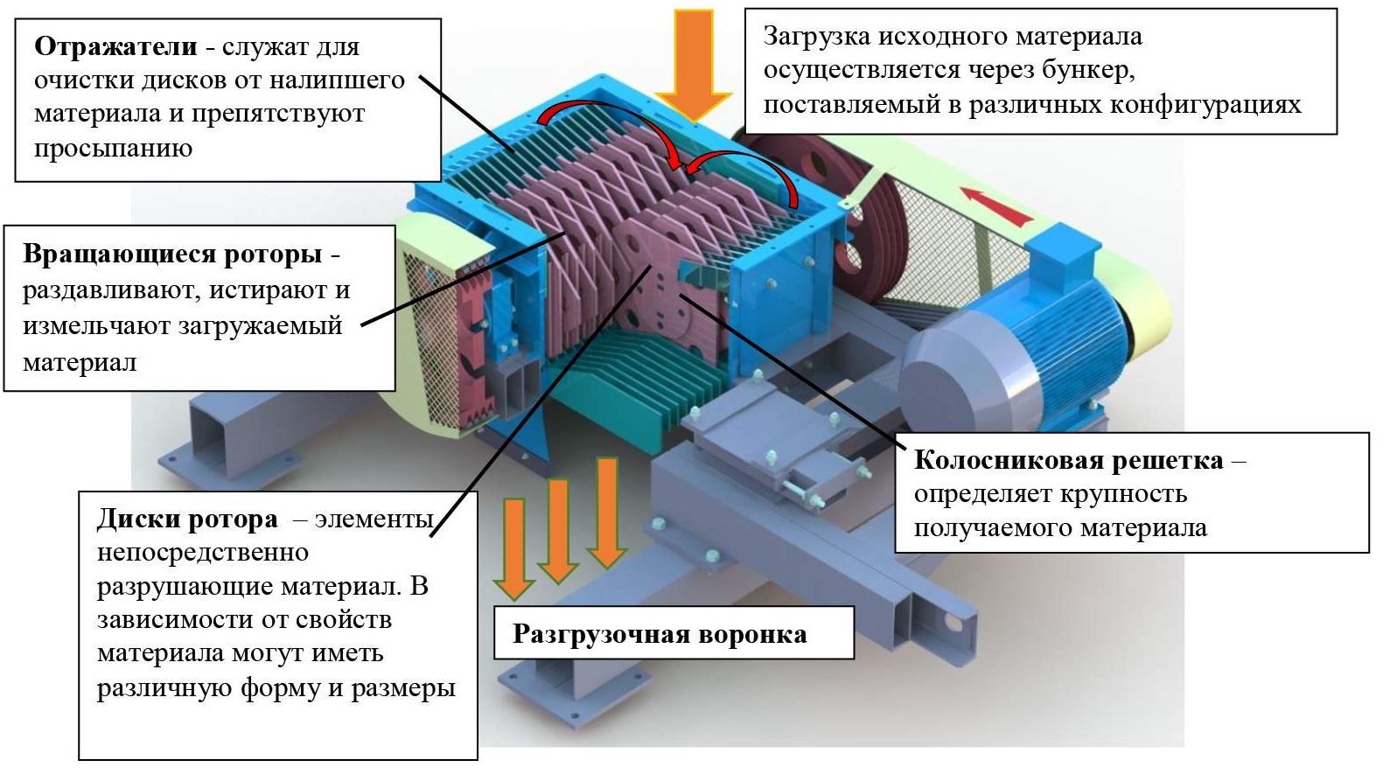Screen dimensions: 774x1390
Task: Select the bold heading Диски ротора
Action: click(186, 519)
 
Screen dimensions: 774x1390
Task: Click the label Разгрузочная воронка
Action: click(660, 634)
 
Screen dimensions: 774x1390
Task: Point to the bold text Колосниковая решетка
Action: click(1068, 460)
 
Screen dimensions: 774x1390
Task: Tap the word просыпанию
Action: click(113, 147)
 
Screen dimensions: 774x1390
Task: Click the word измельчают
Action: click(97, 326)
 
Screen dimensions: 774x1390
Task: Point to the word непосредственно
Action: click(202, 553)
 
